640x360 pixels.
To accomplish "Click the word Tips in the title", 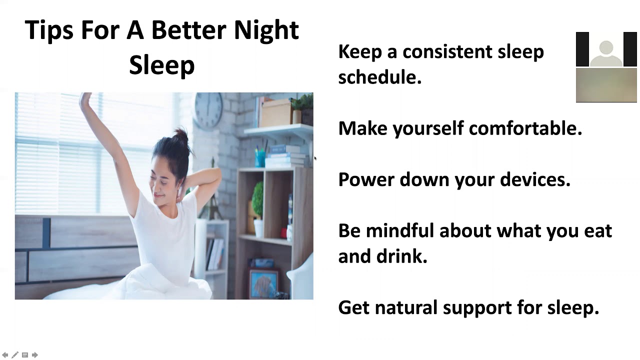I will (49, 30).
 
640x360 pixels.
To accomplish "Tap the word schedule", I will (379, 77).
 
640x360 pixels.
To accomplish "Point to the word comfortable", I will (525, 128).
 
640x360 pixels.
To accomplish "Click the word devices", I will (535, 179).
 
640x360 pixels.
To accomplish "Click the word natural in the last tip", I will (405, 307).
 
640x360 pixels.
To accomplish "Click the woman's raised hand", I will (86, 102).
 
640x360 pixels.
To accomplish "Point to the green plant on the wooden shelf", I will (257, 200).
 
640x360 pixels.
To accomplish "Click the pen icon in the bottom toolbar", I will (15, 355).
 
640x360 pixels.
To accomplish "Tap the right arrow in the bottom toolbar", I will (35, 355).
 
